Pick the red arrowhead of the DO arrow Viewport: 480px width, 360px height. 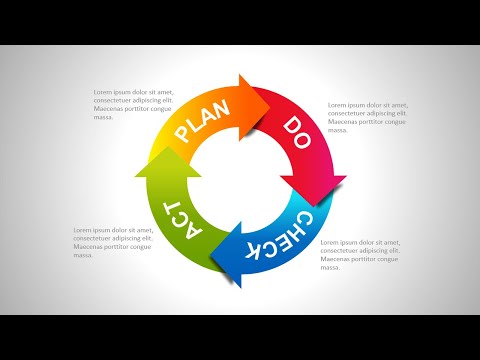pyautogui.click(x=312, y=188)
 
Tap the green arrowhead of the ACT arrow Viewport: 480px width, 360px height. pyautogui.click(x=167, y=168)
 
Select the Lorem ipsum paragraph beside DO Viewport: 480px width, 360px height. pyautogui.click(x=367, y=117)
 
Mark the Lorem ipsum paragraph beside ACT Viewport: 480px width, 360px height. pyautogui.click(x=113, y=242)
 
